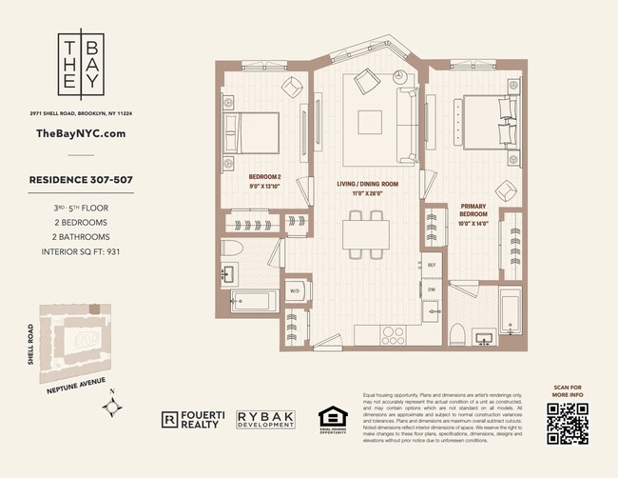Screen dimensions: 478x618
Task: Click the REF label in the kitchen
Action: point(431,266)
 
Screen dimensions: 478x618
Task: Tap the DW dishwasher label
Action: point(431,289)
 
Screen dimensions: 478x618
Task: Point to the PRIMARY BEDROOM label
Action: point(473,210)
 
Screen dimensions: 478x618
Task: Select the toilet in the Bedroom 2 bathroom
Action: point(234,250)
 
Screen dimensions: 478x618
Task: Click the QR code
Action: point(567,424)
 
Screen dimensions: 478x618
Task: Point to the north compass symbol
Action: point(116,407)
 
